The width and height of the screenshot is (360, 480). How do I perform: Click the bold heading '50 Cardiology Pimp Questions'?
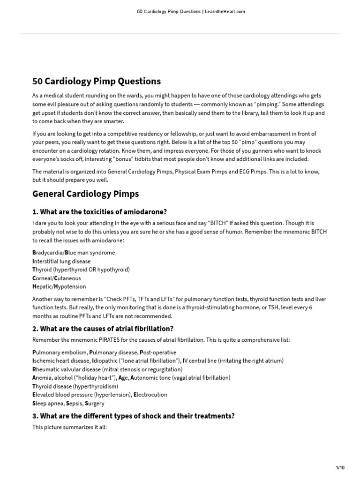click(96, 81)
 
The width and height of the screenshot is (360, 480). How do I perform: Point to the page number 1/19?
click(340, 468)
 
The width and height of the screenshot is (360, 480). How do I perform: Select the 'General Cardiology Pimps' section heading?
click(85, 194)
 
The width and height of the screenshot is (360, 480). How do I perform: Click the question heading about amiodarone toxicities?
click(99, 211)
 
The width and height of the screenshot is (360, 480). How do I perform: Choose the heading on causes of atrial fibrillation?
click(103, 328)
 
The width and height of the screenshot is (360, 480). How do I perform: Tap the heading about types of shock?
click(133, 416)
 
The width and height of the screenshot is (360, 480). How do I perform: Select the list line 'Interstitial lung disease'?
click(61, 261)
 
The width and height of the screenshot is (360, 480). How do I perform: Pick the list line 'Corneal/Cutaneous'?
click(56, 278)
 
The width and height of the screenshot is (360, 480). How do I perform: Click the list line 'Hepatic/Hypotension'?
click(59, 286)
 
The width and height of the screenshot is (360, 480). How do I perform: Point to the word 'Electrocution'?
click(150, 395)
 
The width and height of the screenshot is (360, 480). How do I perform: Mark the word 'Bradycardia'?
click(48, 253)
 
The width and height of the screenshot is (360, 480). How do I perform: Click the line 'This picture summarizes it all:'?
click(70, 427)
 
